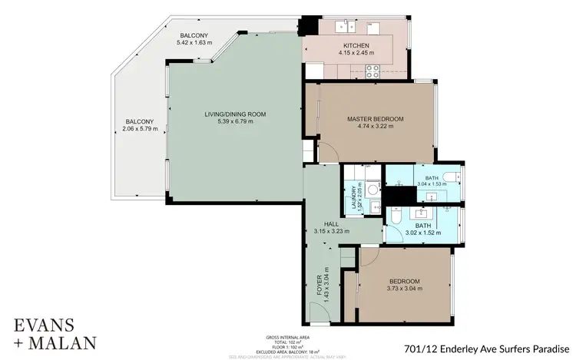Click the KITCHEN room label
tap(356, 45)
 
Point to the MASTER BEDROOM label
tap(375, 119)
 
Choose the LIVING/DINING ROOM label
tap(235, 114)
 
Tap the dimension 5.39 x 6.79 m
tap(235, 122)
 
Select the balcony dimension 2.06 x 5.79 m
tap(140, 129)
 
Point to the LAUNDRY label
tap(354, 198)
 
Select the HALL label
tap(332, 223)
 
